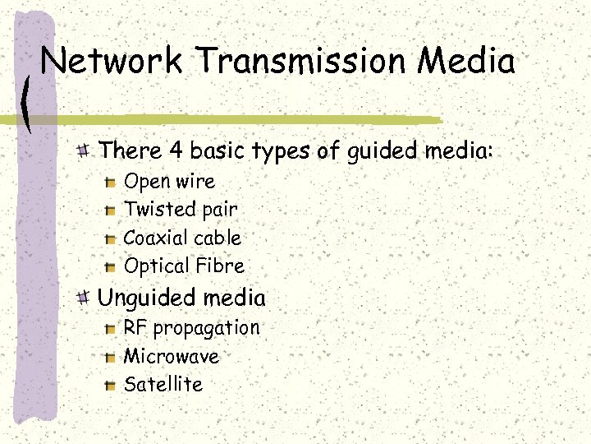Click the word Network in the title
pos(112,62)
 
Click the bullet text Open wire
pos(169,182)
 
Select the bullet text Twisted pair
pos(181,210)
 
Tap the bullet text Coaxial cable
pos(182,238)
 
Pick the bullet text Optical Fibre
pos(184,266)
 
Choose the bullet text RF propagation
pos(191,328)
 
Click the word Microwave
pos(171,356)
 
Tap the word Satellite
pos(163,384)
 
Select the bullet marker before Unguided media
pos(84,298)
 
